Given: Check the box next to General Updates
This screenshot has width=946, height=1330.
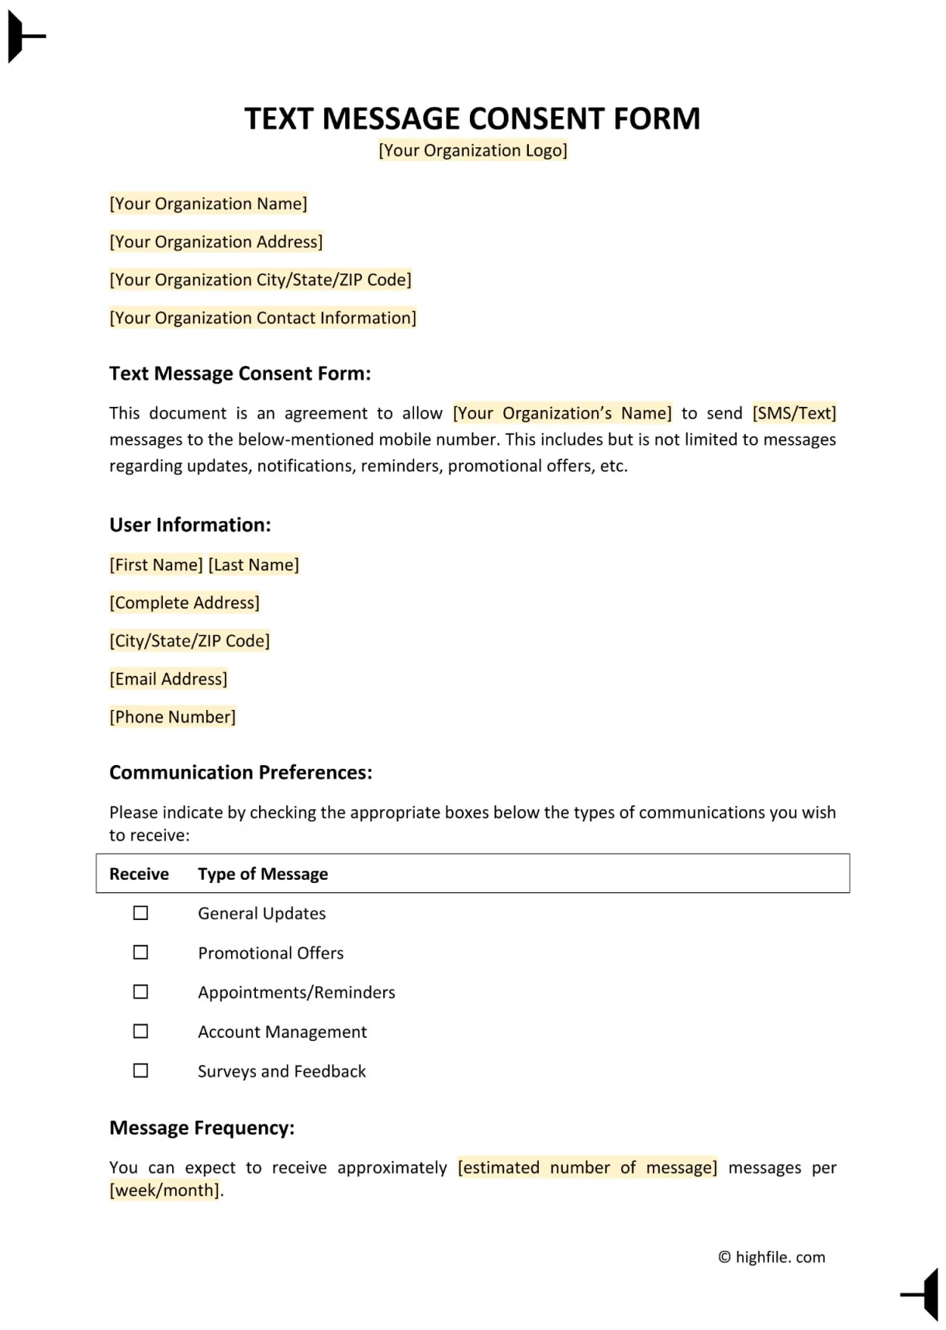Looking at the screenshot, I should pos(140,913).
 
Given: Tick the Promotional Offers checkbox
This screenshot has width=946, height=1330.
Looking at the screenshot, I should pos(140,953).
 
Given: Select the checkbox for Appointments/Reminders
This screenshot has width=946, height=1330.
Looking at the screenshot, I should pos(140,992).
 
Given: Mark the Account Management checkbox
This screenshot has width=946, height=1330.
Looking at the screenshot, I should pos(140,1032).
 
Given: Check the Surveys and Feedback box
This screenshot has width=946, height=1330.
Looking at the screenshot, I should pos(140,1071).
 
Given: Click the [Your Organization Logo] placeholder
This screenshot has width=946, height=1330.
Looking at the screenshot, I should pos(472,150).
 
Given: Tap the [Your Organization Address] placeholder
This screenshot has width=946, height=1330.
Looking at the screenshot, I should pos(216,242).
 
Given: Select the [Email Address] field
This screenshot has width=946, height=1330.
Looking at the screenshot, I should pos(168,679).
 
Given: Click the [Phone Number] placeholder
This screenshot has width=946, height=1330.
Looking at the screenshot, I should pos(172,717).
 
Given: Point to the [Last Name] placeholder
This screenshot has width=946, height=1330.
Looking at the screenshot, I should pos(254,565).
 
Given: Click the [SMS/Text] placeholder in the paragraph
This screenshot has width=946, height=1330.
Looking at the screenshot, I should pos(794,413).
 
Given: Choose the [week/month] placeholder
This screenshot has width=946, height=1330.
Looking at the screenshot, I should pos(164,1190).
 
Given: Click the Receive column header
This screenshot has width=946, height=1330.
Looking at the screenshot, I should pos(139,874).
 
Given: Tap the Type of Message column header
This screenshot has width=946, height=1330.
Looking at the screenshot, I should pos(263,874).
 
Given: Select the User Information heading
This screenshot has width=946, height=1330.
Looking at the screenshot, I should pos(190,525).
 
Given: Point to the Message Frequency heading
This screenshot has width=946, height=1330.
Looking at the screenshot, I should pos(202,1128).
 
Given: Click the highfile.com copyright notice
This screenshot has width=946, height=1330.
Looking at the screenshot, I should pos(772,1257).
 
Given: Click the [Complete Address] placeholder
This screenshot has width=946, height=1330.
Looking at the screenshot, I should pos(185,603).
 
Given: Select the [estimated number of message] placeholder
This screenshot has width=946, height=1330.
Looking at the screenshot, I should pos(587,1167).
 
